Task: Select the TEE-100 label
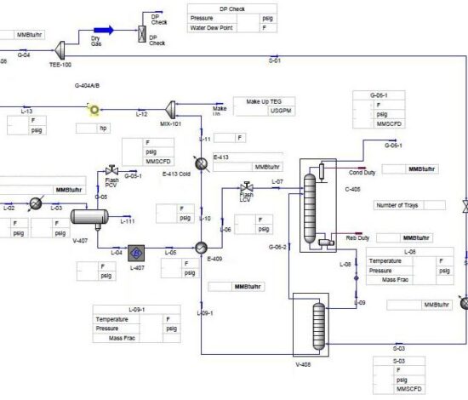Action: [61, 65]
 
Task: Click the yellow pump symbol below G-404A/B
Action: [94, 110]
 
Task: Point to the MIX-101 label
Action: [171, 123]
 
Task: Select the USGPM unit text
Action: [281, 111]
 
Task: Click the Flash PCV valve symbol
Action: [111, 169]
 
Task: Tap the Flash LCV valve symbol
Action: [247, 186]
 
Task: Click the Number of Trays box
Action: [408, 205]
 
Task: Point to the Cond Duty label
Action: [362, 172]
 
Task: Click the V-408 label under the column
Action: [304, 363]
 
